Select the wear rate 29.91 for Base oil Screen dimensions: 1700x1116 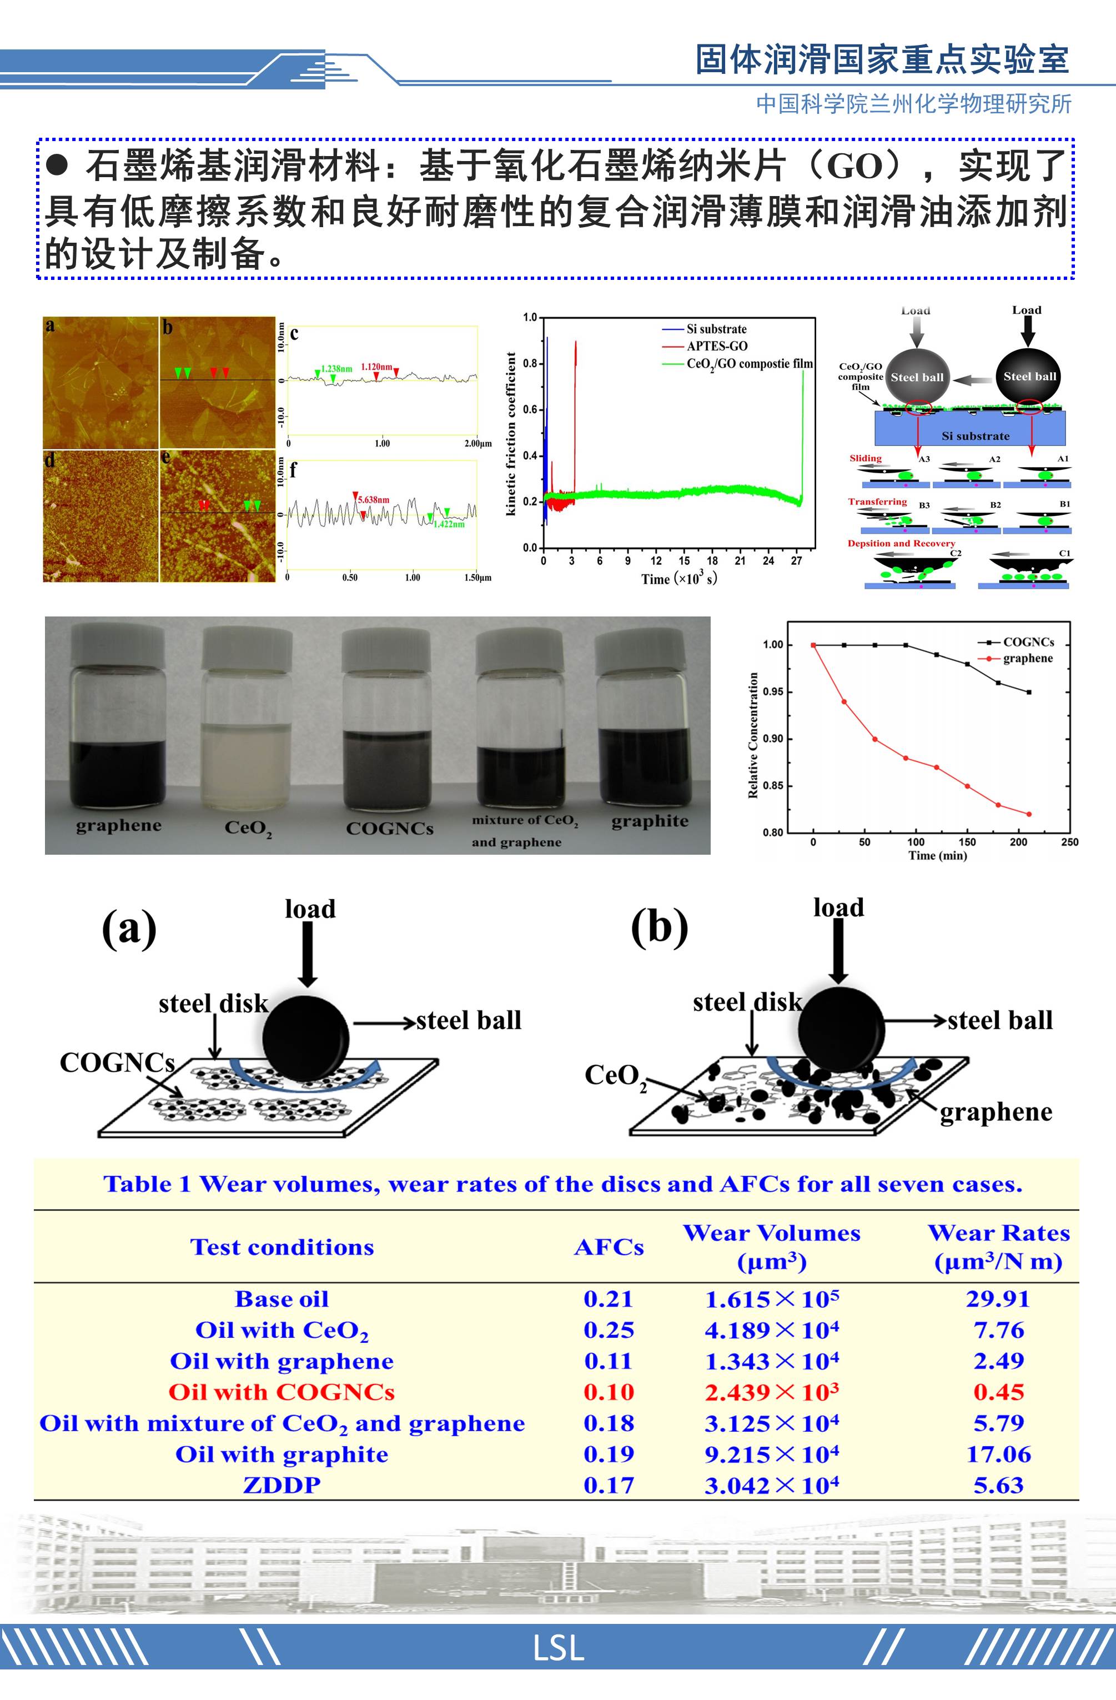point(998,1298)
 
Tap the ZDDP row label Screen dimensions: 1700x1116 point(281,1485)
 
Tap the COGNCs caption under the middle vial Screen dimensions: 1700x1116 point(389,829)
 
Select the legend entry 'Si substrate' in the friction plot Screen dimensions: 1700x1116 point(716,329)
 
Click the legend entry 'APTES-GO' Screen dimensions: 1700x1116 point(717,347)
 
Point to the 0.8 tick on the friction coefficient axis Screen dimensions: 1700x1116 point(529,364)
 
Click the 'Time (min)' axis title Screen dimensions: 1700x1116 point(937,855)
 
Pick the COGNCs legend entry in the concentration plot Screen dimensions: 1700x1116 point(1028,642)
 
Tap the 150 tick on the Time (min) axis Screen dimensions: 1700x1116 point(967,842)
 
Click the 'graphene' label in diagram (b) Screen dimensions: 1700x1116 point(996,1112)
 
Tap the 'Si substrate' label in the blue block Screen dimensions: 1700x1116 point(976,436)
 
